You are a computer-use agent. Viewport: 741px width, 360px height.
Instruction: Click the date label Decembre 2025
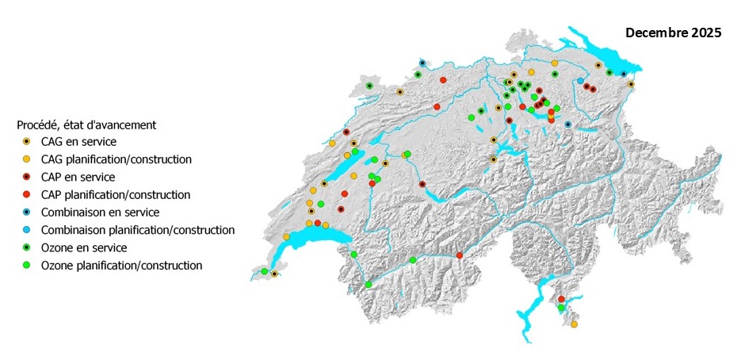coord(673,33)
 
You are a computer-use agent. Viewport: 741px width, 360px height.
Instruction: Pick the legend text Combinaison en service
coord(101,213)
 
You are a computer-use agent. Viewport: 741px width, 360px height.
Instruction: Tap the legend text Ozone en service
coord(83,247)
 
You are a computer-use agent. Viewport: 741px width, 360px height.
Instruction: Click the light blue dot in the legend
coord(27,230)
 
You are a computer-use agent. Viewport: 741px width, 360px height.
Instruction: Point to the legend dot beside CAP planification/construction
coord(27,194)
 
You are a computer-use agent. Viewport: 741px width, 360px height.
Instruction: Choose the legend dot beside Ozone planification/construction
coord(27,266)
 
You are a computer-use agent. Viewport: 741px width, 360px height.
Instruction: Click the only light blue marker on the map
coord(581,81)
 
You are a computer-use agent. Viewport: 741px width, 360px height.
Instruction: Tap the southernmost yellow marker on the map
coord(574,324)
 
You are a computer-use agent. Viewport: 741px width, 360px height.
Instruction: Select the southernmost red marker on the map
coord(561,299)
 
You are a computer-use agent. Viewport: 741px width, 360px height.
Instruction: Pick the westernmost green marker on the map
coord(264,271)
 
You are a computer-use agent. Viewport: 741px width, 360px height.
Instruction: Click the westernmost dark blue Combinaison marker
coord(422,63)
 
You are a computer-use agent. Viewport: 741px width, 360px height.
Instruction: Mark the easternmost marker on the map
coord(631,84)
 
